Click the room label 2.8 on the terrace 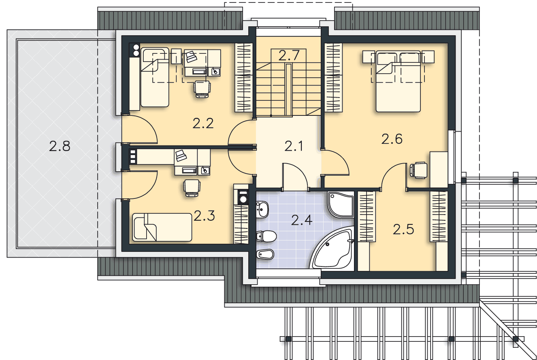[x=60, y=146]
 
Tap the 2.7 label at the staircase [x=289, y=55]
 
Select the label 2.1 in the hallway [x=294, y=146]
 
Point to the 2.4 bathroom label [x=302, y=220]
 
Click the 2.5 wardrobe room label [x=403, y=229]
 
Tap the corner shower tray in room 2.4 [x=341, y=204]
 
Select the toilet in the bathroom [x=266, y=236]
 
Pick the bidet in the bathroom [x=265, y=255]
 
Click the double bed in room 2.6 [x=398, y=81]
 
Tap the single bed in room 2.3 [x=162, y=227]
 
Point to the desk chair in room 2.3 [x=192, y=188]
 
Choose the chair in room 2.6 [x=419, y=170]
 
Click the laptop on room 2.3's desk [x=181, y=156]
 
